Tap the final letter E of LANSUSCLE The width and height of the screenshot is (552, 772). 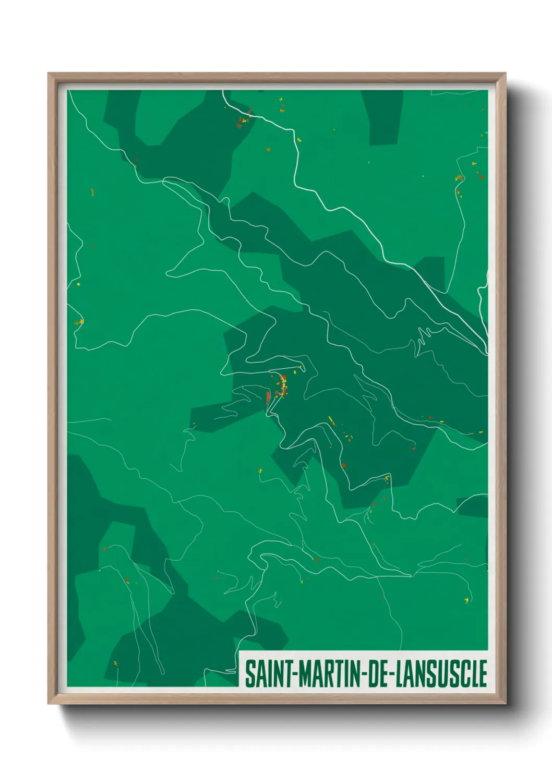click(483, 673)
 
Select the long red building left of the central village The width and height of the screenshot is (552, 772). click(268, 398)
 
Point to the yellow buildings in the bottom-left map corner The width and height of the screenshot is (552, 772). click(115, 664)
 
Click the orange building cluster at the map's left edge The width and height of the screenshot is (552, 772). click(79, 323)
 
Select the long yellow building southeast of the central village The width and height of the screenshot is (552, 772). click(331, 420)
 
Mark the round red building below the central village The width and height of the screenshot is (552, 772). click(343, 465)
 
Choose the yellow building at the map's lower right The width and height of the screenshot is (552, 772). click(466, 600)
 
